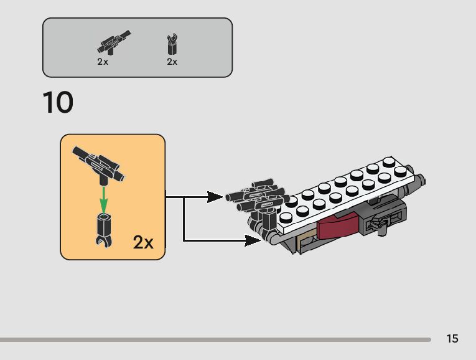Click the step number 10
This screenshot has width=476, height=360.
coord(58,103)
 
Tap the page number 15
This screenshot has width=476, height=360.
coord(452,339)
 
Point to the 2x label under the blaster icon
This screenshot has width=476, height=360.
coord(103,62)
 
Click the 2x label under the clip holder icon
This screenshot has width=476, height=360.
coord(172,62)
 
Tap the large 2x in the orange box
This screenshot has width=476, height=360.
coord(142,242)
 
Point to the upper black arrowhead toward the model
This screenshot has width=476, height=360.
coord(216,197)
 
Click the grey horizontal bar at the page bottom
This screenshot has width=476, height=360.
coord(215,340)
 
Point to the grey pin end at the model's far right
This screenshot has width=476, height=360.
coord(422,182)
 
